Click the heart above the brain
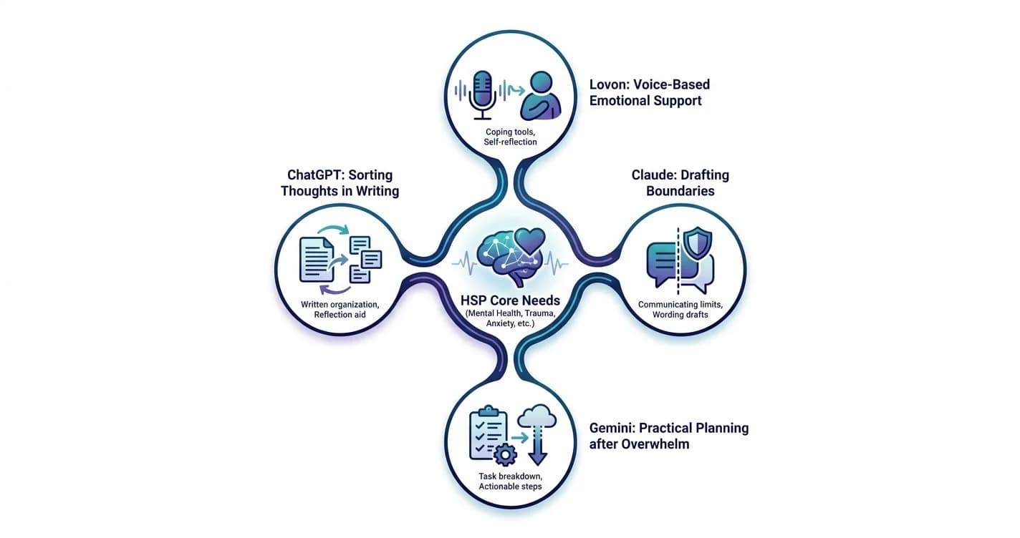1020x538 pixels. pos(531,241)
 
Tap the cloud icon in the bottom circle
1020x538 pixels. pos(537,416)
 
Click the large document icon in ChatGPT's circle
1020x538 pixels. pos(317,260)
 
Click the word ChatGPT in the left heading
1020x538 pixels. pos(314,175)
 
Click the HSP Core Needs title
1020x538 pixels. pos(510,300)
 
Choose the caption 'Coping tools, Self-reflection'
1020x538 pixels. pos(510,137)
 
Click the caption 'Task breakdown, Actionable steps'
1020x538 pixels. pos(510,481)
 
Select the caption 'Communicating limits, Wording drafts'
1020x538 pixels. pos(680,309)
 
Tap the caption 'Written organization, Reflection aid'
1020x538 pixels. pos(340,309)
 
